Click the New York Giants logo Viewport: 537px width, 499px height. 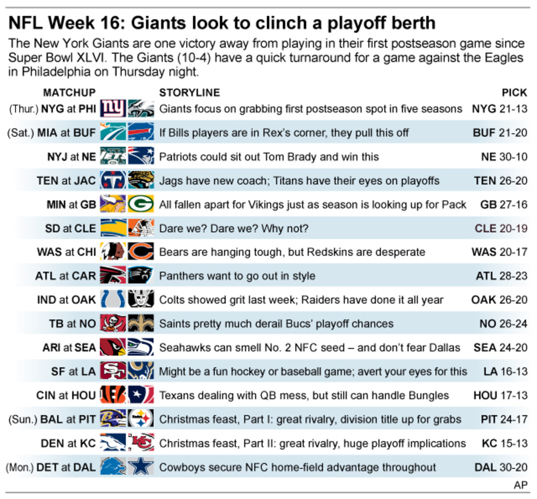point(113,109)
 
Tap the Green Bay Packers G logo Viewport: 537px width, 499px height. point(141,204)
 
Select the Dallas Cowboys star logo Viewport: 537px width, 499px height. point(141,467)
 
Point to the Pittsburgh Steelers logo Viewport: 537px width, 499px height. point(141,419)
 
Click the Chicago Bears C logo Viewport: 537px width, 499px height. point(141,252)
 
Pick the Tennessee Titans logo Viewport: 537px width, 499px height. point(113,181)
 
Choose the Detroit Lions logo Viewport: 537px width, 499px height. point(113,467)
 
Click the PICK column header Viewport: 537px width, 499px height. point(514,93)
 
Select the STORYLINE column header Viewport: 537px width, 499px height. point(189,93)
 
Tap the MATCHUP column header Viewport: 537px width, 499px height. point(69,93)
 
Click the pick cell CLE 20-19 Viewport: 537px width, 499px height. point(501,228)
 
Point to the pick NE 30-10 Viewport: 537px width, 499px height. point(504,157)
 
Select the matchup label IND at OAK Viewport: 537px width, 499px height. point(66,300)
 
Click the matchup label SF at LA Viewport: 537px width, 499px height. point(73,371)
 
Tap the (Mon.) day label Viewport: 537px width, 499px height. point(20,467)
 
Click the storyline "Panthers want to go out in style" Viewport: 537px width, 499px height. point(237,276)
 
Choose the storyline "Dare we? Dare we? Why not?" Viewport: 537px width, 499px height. point(234,228)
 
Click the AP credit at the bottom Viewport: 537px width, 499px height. point(520,485)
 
